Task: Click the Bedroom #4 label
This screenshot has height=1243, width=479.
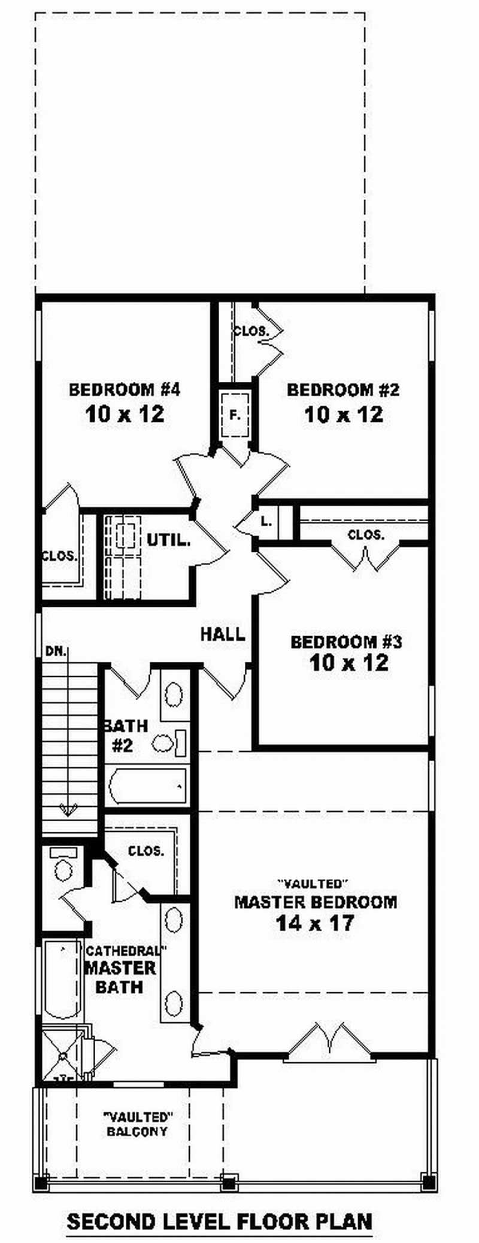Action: (125, 390)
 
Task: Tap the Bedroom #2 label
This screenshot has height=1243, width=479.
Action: (343, 390)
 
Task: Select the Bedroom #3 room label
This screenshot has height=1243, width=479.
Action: (347, 642)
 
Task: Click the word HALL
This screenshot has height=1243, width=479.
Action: (223, 634)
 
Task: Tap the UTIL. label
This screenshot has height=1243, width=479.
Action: (169, 540)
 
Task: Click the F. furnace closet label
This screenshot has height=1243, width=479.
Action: (235, 414)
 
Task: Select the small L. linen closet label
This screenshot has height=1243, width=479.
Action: (266, 521)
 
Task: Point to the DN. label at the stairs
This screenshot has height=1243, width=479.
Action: (56, 652)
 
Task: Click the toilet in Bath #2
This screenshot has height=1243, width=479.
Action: (170, 743)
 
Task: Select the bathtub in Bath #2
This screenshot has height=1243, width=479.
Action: (147, 786)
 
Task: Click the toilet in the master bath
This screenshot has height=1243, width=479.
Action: (63, 864)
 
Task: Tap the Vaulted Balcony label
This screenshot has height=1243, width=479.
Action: (138, 1124)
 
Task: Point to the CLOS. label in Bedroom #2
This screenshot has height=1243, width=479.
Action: (250, 330)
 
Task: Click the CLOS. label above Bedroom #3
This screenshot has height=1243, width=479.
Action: (365, 535)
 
